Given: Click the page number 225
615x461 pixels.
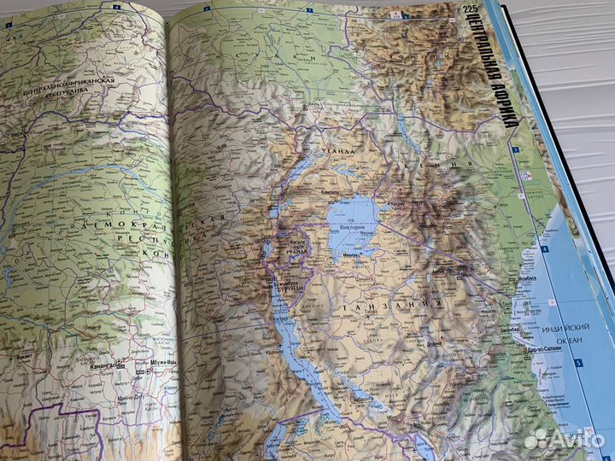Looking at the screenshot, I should [470, 10].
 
